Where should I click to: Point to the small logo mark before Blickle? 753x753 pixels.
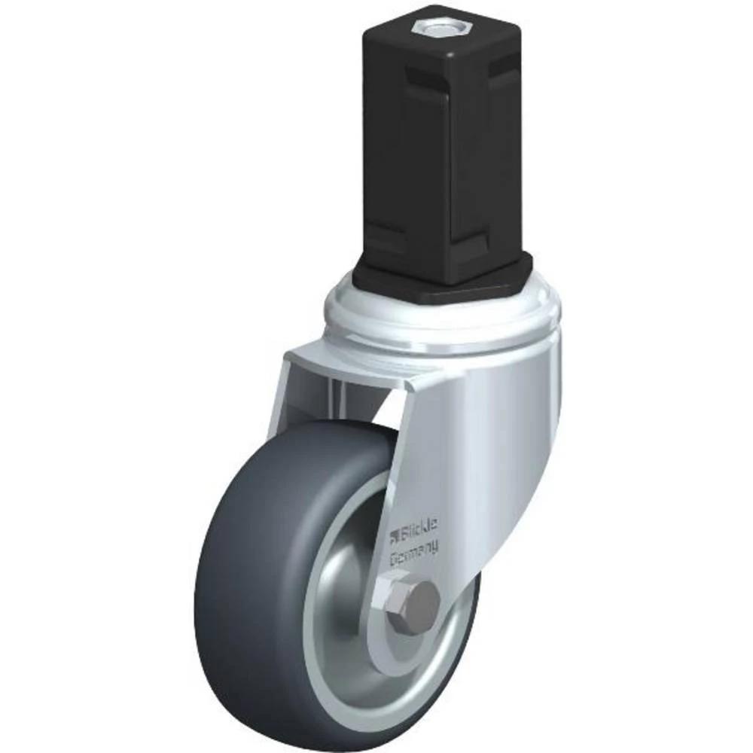tap(394, 536)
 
